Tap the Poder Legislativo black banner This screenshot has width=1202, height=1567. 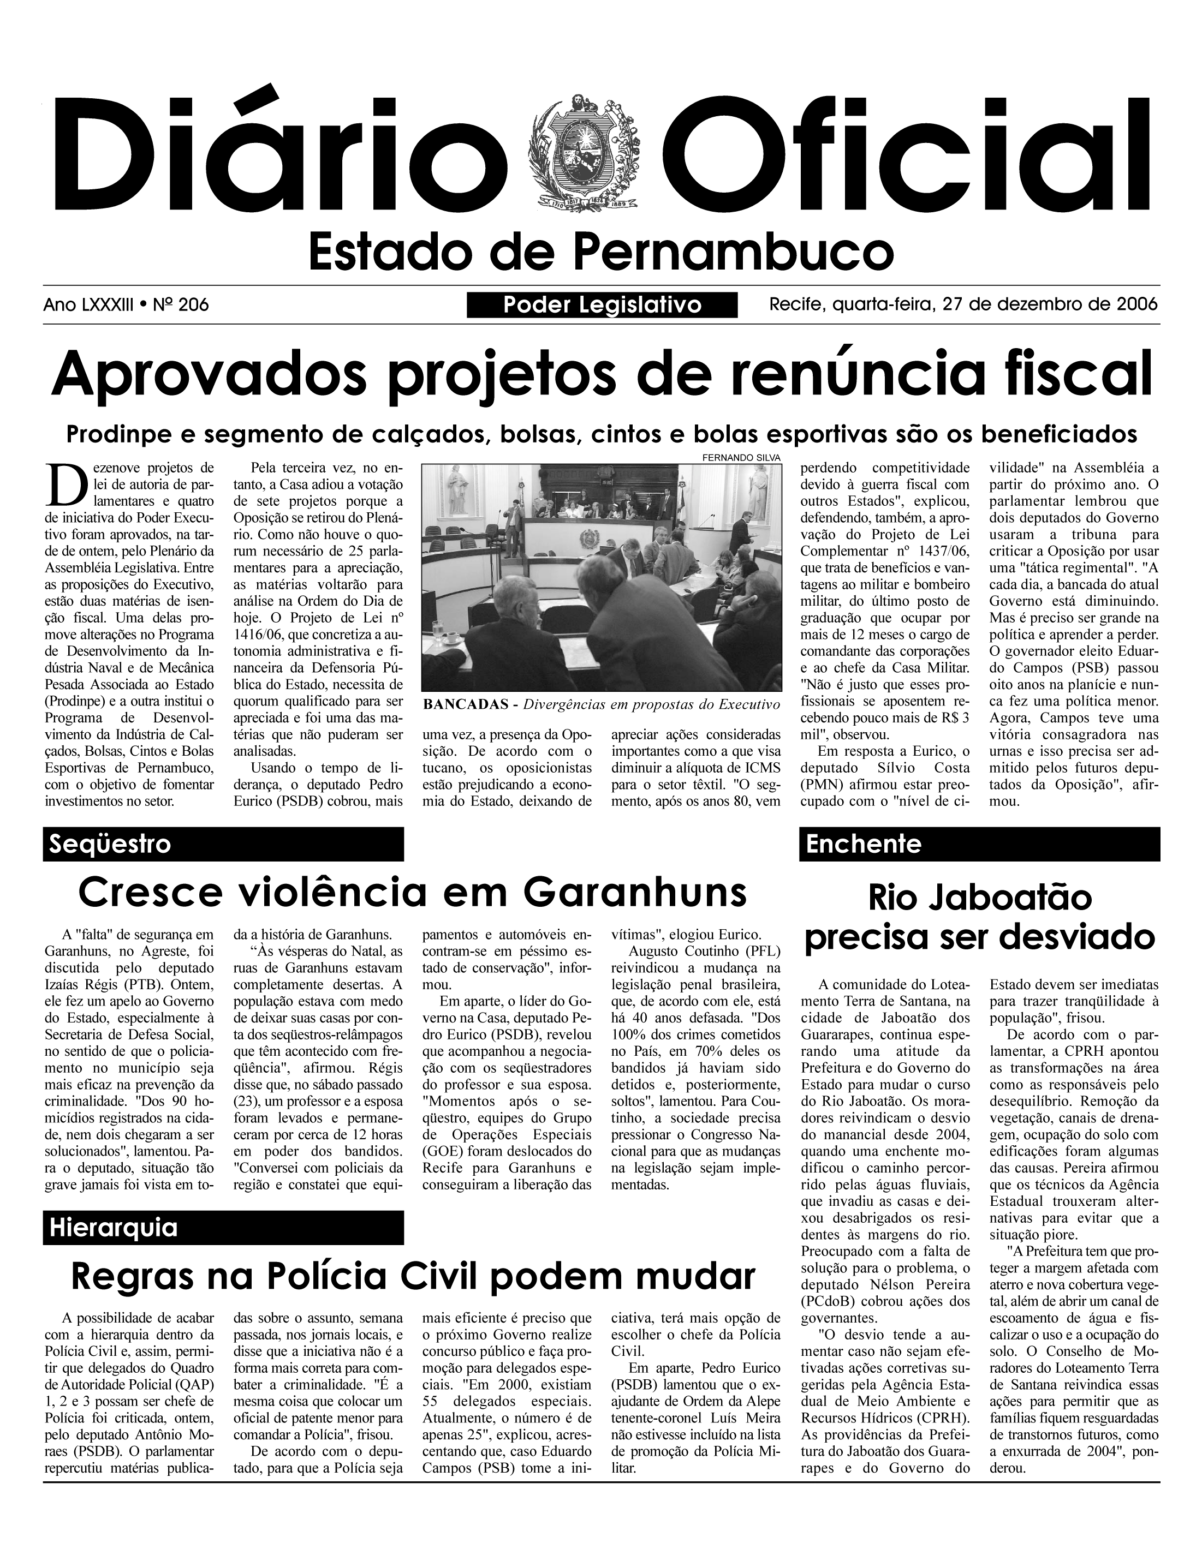[602, 306]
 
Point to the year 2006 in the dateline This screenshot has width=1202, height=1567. [1136, 304]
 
